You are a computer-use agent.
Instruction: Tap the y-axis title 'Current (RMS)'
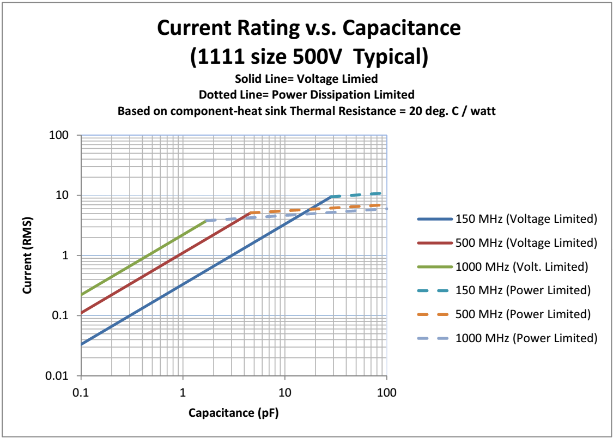point(27,255)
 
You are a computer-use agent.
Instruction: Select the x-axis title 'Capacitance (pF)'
point(233,412)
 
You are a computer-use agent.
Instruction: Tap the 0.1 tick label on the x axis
point(81,392)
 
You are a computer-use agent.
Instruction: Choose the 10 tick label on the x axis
point(284,392)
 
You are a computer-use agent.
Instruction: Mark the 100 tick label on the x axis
point(386,392)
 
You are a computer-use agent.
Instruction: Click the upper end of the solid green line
point(206,221)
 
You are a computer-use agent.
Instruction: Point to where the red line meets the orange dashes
point(250,212)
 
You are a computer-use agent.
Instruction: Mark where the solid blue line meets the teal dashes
point(331,196)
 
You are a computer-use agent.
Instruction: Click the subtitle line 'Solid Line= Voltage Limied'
point(306,79)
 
